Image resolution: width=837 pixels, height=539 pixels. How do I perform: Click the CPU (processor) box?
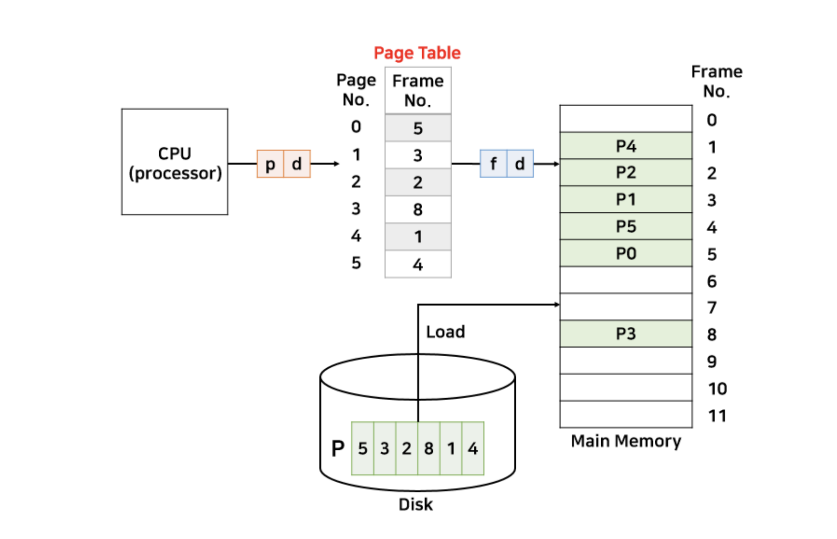(x=174, y=162)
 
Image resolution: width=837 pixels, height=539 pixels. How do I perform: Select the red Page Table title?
(x=417, y=53)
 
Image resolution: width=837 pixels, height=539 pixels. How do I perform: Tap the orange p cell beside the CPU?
(x=270, y=164)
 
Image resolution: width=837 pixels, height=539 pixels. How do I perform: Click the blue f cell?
(x=493, y=164)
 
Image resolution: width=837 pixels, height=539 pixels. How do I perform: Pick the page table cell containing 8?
(x=418, y=210)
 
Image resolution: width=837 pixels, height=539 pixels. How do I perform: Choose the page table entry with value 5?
(x=418, y=128)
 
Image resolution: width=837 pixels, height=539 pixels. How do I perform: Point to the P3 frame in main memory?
(x=626, y=334)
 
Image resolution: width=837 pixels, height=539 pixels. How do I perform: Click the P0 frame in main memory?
(x=626, y=253)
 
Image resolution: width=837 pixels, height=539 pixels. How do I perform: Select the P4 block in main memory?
(x=626, y=146)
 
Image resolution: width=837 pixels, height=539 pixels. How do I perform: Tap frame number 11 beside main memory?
(x=717, y=416)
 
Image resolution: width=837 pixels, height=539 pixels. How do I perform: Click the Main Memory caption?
(x=626, y=441)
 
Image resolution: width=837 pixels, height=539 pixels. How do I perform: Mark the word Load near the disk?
(x=445, y=332)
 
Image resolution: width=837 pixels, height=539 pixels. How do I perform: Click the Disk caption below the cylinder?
(x=416, y=504)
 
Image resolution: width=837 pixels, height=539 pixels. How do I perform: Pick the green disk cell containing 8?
(x=429, y=448)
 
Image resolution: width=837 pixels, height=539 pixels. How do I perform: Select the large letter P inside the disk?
(x=338, y=448)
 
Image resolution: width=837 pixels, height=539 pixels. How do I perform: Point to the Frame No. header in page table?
(x=418, y=90)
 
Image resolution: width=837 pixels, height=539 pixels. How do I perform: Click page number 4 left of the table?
(x=356, y=236)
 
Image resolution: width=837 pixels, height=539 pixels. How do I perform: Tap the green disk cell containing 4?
(x=473, y=448)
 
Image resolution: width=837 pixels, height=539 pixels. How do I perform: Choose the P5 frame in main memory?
(x=626, y=227)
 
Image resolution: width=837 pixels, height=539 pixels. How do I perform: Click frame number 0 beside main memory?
(x=712, y=120)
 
